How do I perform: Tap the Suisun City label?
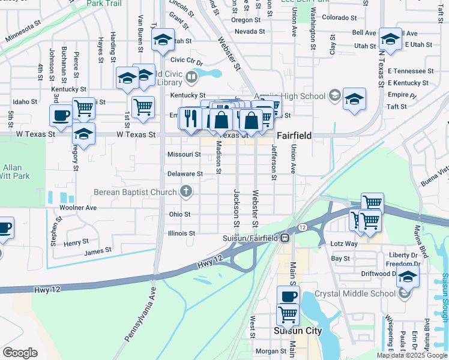pyautogui.click(x=298, y=331)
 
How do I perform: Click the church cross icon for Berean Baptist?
pyautogui.click(x=187, y=192)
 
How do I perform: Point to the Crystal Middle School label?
pyautogui.click(x=355, y=294)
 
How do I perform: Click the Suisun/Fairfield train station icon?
pyautogui.click(x=286, y=238)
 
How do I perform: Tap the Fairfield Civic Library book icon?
pyautogui.click(x=191, y=76)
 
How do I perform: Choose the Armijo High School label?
pyautogui.click(x=290, y=96)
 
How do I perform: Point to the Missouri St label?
pyautogui.click(x=184, y=154)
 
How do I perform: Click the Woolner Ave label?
pyautogui.click(x=78, y=208)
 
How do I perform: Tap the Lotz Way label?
pyautogui.click(x=344, y=244)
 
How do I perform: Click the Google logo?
pyautogui.click(x=20, y=352)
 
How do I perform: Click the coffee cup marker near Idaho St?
pyautogui.click(x=61, y=115)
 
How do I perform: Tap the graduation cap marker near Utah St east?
pyautogui.click(x=391, y=40)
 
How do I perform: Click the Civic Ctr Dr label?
pyautogui.click(x=187, y=61)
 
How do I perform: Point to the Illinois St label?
pyautogui.click(x=182, y=233)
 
